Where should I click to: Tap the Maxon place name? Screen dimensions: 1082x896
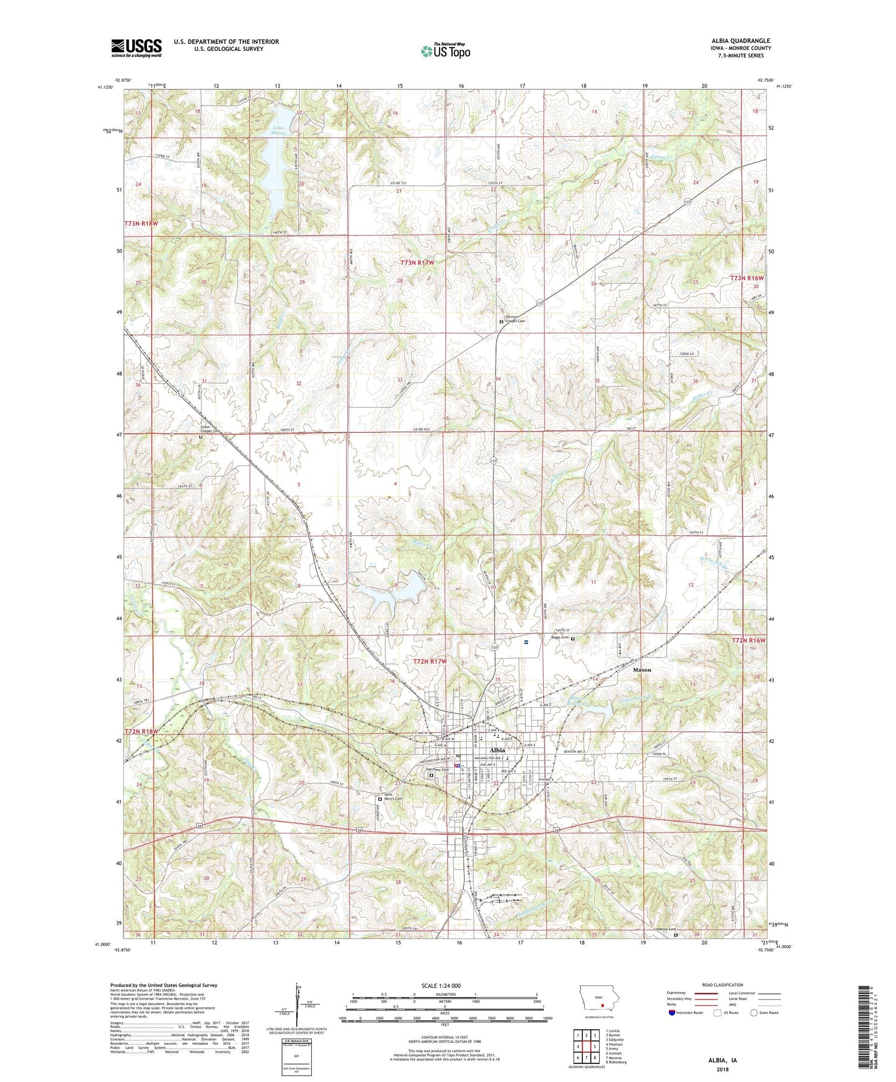(x=642, y=670)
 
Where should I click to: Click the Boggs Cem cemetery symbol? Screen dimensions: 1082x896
(x=573, y=639)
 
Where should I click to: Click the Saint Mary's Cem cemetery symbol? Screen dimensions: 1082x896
(x=380, y=799)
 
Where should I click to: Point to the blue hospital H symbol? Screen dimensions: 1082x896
(x=526, y=643)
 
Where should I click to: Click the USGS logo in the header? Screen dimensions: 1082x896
(x=136, y=47)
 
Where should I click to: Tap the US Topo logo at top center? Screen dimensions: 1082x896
(x=445, y=51)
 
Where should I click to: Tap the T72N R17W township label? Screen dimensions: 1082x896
(x=430, y=662)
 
